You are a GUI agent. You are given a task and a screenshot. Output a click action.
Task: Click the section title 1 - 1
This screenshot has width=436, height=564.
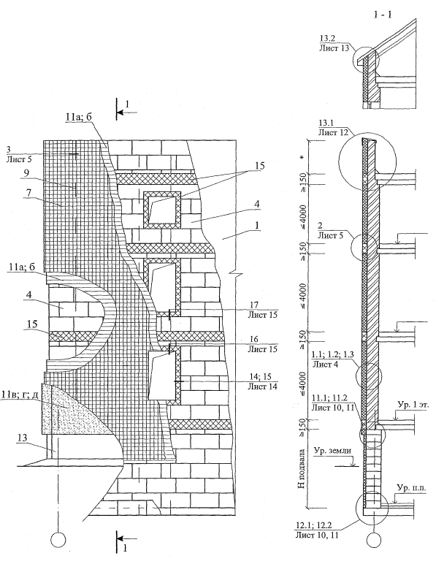(382, 15)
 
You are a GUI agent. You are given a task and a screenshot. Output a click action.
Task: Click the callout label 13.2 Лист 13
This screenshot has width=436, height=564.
(334, 44)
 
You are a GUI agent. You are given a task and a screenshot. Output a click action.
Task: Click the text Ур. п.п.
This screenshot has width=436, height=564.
(412, 488)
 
